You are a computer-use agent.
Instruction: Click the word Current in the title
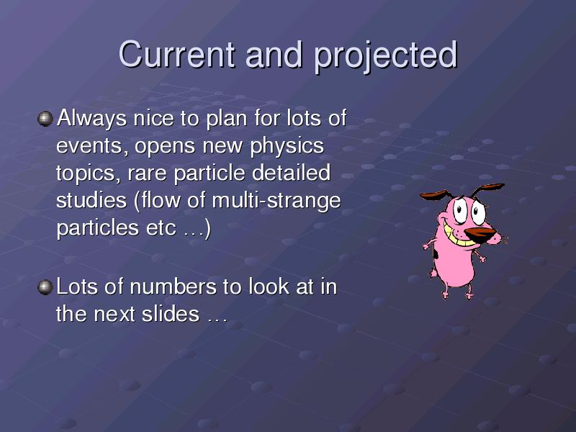click(176, 54)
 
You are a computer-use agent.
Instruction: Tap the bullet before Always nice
click(45, 119)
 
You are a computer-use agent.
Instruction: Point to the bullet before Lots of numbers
click(45, 287)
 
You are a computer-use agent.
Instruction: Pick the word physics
click(287, 146)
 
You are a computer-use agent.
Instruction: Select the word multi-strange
click(276, 202)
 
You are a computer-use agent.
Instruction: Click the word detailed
click(291, 173)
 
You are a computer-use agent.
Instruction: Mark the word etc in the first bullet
click(161, 228)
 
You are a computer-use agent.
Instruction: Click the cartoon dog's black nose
click(480, 235)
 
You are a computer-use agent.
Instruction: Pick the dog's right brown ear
click(488, 189)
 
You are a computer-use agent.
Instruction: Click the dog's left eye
click(459, 211)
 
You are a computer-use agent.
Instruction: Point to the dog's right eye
click(478, 212)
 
